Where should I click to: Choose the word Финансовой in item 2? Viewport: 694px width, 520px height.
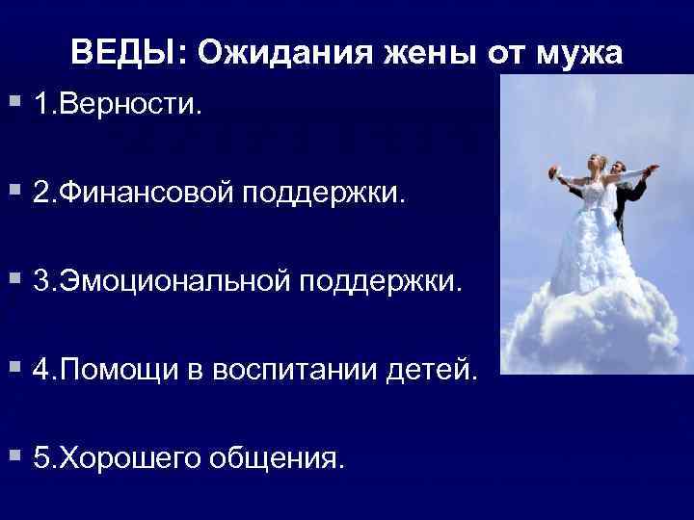point(153,194)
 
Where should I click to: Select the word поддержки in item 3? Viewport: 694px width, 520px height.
point(387,283)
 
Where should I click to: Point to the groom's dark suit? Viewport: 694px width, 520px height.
point(629,202)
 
